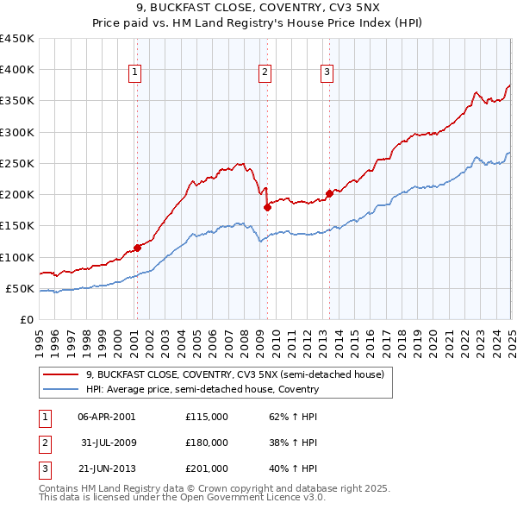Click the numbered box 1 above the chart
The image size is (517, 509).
pos(136,73)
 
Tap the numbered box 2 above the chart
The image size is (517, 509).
pos(265,73)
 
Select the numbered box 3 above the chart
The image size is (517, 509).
pos(327,73)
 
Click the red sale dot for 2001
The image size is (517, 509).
pos(137,248)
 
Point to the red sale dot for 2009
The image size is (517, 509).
pos(267,207)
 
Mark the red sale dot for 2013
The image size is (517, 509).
pos(329,193)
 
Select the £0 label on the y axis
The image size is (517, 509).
pos(28,319)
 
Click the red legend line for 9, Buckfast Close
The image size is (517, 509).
pos(60,375)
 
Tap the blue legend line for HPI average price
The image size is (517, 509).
pos(60,389)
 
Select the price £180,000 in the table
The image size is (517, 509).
pos(207,443)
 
